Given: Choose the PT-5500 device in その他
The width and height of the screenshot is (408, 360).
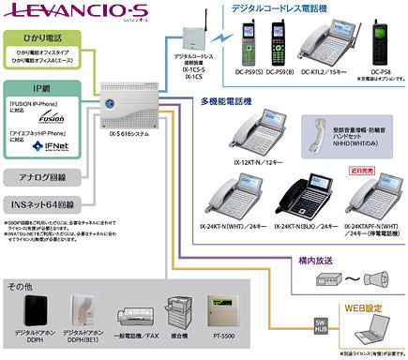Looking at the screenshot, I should pos(221,312).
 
